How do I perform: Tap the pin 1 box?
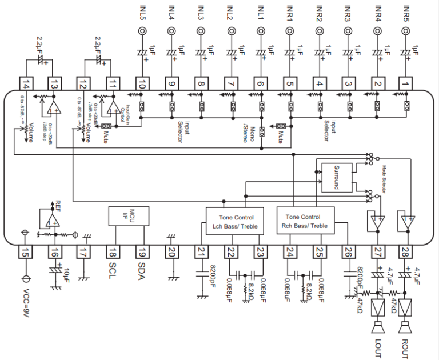pyautogui.click(x=406, y=84)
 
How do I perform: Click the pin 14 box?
pyautogui.click(x=25, y=84)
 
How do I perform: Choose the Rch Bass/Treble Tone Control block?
pyautogui.click(x=306, y=222)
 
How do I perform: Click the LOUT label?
pyautogui.click(x=377, y=346)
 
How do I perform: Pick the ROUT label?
pyautogui.click(x=406, y=346)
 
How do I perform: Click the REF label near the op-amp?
pyautogui.click(x=57, y=204)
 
